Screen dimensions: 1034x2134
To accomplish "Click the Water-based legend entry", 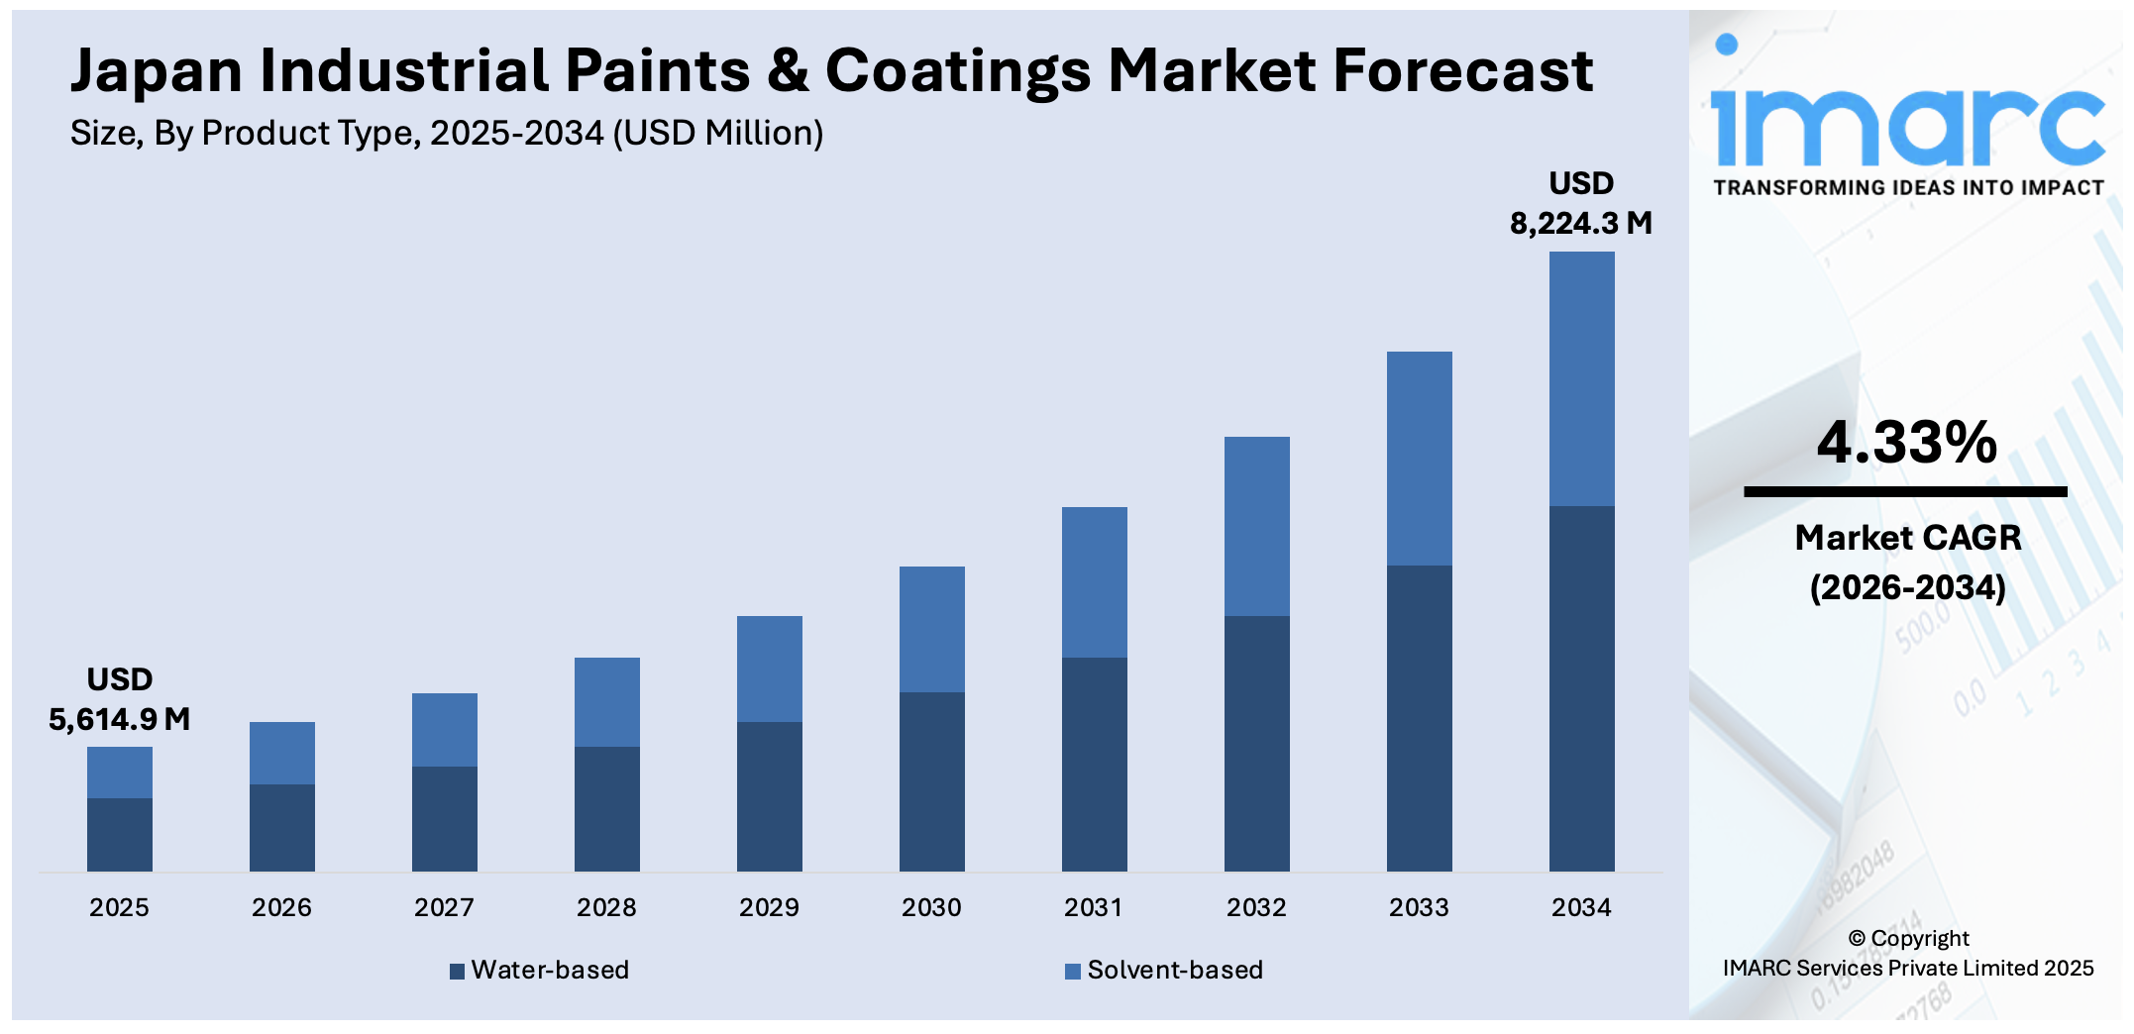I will coord(540,970).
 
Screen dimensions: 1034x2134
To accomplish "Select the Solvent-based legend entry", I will coord(1164,970).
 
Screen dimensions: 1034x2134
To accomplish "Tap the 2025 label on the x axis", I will coord(119,907).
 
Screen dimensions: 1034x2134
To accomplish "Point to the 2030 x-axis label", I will coord(931,907).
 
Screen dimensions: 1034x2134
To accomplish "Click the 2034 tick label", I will coord(1581,907).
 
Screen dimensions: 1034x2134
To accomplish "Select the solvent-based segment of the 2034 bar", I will coord(1581,378).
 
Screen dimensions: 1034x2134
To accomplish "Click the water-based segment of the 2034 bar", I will coord(1581,688).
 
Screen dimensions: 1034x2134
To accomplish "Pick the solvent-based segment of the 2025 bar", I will coord(119,773).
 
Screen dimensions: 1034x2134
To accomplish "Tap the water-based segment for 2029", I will coord(769,796).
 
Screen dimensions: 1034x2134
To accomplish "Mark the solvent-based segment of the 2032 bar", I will coord(1256,526).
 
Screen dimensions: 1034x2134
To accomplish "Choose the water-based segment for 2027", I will coord(444,818).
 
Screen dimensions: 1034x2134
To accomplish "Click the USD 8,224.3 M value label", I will coord(1581,204).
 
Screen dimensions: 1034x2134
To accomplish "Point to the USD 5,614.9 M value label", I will coord(119,700).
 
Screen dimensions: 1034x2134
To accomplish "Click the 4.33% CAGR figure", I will coord(1906,442).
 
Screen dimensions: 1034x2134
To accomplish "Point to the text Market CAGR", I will coord(1907,538).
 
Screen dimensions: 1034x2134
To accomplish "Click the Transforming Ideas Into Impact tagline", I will coord(1908,188).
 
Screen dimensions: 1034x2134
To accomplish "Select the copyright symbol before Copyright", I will coord(1857,939).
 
